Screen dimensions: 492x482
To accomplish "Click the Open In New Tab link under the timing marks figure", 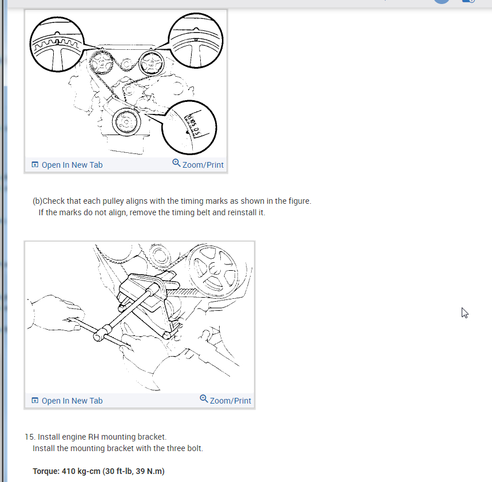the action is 67,165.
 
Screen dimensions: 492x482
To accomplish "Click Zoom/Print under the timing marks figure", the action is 198,164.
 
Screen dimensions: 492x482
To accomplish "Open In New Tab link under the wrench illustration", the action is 67,401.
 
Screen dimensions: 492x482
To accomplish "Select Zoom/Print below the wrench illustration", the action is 225,400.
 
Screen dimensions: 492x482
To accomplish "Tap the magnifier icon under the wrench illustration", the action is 204,398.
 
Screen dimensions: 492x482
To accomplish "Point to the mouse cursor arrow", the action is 465,313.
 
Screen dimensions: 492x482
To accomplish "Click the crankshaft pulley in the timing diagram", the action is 126,122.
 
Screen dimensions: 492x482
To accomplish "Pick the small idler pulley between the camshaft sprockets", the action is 126,64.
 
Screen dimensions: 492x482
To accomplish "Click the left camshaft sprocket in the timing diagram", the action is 101,63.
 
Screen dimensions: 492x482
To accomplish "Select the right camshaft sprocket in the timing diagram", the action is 151,64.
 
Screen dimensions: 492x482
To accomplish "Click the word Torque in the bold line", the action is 46,471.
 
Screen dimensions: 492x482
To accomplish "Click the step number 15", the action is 30,437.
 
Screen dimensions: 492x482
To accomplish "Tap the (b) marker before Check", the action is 37,201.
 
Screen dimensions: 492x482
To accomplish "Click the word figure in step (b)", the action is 299,201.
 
